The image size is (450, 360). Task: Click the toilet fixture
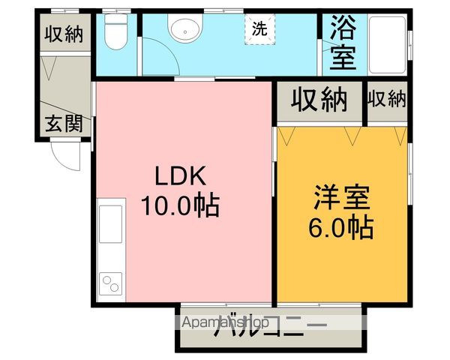click(x=116, y=32)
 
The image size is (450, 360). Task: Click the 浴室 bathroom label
click(x=342, y=44)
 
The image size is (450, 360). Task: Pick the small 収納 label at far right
click(x=386, y=98)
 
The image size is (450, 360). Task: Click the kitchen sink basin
click(x=111, y=225)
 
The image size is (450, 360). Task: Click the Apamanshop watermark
click(x=226, y=322)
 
